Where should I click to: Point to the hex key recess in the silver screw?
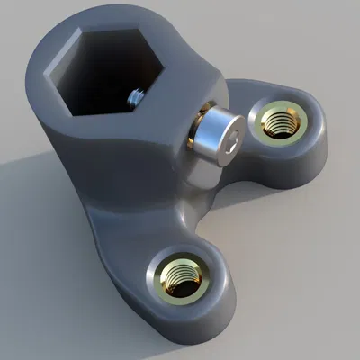pos(232,139)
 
